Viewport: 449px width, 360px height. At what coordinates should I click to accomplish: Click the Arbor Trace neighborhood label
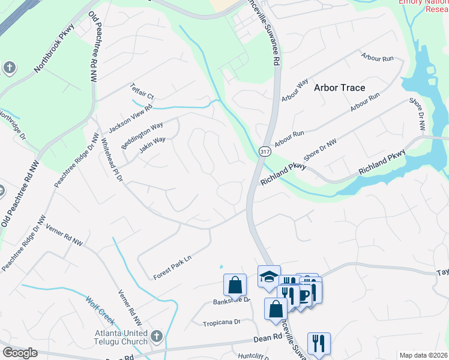(x=339, y=88)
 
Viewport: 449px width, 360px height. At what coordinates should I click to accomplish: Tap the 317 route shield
(x=264, y=152)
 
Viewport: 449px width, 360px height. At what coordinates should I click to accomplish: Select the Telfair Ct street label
(x=143, y=92)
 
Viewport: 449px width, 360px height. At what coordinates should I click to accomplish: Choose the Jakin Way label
(x=152, y=145)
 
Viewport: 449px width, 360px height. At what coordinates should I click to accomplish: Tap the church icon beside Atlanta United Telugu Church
(x=157, y=335)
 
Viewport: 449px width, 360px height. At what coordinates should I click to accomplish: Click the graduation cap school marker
(x=269, y=277)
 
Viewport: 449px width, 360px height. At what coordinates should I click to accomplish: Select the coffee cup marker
(x=306, y=294)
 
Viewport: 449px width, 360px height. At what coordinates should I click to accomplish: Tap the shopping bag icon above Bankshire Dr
(x=235, y=285)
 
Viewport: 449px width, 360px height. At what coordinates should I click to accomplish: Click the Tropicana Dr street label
(x=221, y=322)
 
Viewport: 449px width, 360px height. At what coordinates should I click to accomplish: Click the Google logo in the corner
(x=20, y=353)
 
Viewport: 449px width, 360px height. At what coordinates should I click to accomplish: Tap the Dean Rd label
(x=268, y=338)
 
